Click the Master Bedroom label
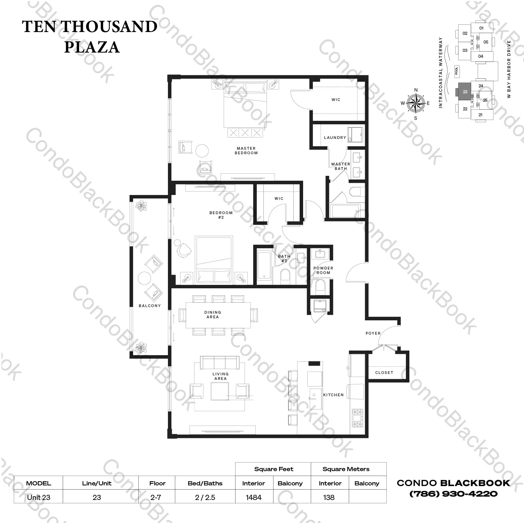click(x=246, y=150)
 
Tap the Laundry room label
click(x=335, y=138)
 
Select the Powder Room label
click(x=323, y=270)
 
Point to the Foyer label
click(x=373, y=333)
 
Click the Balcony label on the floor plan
click(x=150, y=306)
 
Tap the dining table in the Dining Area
click(x=218, y=315)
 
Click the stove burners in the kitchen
click(x=357, y=418)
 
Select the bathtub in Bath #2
click(x=264, y=265)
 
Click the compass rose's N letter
click(x=416, y=90)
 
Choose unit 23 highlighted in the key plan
click(x=464, y=92)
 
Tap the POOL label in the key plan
click(x=457, y=71)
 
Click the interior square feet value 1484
click(x=254, y=497)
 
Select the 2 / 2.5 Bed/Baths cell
click(x=205, y=497)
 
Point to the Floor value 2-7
click(x=156, y=497)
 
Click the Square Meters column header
click(x=346, y=469)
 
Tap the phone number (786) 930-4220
click(x=453, y=494)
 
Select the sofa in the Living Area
click(x=219, y=362)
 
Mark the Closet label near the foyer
click(x=384, y=373)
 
